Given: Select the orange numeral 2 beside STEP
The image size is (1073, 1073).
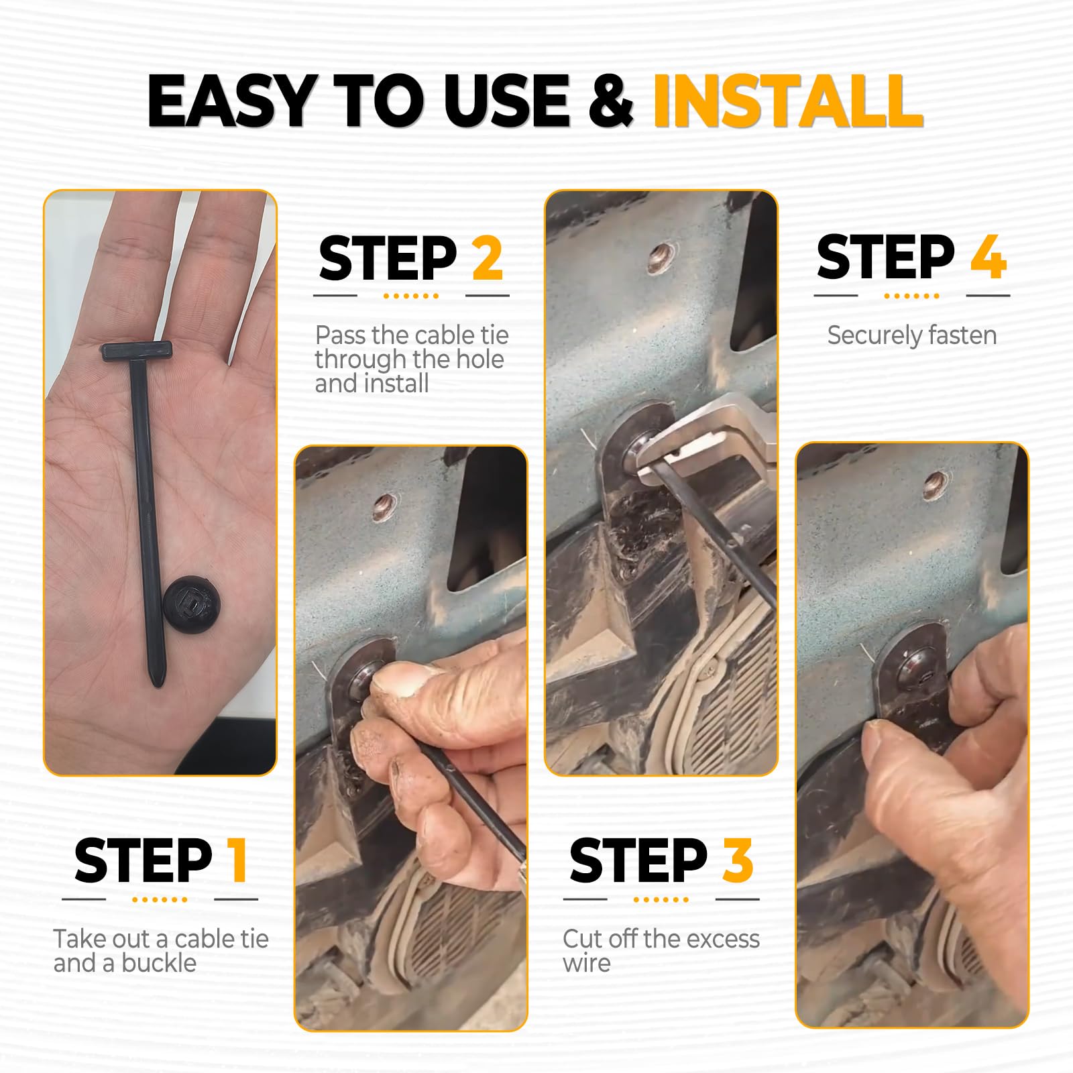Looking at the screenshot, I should pos(488,258).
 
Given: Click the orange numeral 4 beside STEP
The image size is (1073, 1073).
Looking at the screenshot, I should pos(988,257).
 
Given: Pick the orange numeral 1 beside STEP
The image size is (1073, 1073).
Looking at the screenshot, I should pos(237,860).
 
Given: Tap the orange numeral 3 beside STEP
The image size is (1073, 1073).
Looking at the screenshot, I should pos(738,860).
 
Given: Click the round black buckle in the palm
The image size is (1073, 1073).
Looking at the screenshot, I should pos(189,604).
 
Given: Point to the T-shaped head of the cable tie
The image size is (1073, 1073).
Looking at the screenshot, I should pos(137,350).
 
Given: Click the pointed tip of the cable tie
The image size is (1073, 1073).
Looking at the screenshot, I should pos(156,681).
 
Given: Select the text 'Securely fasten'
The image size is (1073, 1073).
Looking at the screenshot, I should pos(911,335).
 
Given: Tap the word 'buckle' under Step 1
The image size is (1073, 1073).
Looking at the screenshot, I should pos(159,963).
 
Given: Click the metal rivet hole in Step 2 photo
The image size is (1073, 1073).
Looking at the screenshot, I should pos(386,506).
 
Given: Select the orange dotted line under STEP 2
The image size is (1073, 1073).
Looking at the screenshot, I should pos(411,296).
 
